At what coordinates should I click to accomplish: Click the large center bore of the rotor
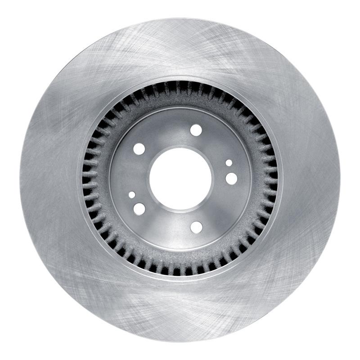point(180,179)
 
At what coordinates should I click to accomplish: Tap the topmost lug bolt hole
point(196,130)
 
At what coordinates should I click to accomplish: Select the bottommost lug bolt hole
point(196,227)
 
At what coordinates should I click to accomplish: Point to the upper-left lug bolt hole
point(139,149)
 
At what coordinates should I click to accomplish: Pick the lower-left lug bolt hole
point(139,209)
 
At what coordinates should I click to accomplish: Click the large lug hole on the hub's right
point(231,178)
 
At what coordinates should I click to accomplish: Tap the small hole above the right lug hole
point(229,163)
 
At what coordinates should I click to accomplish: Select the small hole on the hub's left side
point(131,195)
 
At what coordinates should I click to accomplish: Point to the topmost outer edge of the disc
point(180,19)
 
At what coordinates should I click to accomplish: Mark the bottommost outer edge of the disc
point(180,341)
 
